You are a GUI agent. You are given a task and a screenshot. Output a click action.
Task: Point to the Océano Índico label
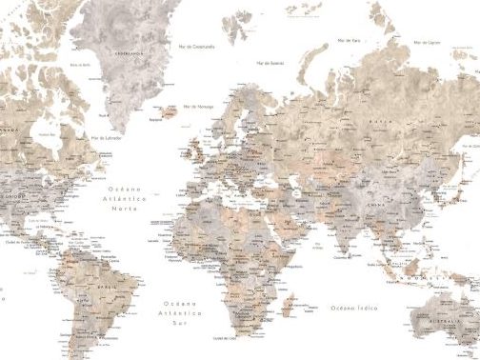353,308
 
